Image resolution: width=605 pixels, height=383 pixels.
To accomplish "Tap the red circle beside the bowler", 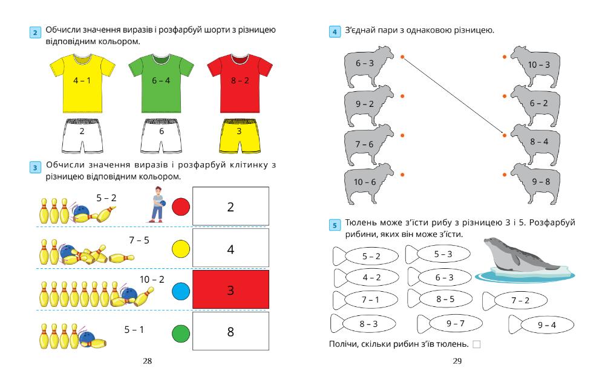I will [181, 207].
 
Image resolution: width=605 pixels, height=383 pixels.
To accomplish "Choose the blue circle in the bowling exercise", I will [181, 291].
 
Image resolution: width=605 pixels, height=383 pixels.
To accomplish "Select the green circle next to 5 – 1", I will [181, 332].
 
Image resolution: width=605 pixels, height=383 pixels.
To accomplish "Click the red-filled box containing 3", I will [231, 290].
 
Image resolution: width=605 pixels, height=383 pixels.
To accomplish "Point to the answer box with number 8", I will [231, 332].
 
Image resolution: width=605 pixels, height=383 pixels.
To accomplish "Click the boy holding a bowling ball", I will [158, 204].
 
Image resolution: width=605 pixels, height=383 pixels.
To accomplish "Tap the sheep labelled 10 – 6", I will [365, 182].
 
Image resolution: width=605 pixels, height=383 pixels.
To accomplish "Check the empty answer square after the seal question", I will [476, 344].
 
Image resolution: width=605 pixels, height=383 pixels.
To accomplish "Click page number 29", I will [457, 361].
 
